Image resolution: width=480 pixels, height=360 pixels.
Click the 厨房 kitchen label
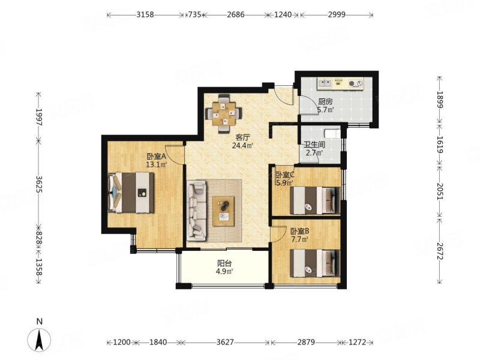(325, 101)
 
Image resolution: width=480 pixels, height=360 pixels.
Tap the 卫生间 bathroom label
(314, 145)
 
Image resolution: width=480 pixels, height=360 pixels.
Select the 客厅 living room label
(242, 137)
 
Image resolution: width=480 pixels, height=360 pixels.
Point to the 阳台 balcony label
(224, 263)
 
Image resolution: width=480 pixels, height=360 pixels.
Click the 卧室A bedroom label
(157, 157)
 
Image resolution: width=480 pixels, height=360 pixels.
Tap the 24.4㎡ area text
(242, 146)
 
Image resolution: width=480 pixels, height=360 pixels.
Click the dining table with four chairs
(224, 114)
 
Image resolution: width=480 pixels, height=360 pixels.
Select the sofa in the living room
(197, 210)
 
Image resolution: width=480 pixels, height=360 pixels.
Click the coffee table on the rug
(223, 211)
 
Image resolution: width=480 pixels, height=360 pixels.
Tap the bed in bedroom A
(131, 192)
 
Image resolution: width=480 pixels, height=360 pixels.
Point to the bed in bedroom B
(315, 263)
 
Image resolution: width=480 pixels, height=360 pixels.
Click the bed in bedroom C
(315, 200)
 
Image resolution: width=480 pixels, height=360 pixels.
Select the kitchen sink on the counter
(325, 83)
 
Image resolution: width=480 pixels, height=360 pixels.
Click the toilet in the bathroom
(332, 133)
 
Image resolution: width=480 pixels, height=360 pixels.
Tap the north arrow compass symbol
(39, 340)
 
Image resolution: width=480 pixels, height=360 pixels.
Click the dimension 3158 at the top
(145, 14)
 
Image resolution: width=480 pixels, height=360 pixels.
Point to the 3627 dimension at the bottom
(225, 342)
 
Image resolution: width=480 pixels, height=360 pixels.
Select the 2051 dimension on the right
(440, 191)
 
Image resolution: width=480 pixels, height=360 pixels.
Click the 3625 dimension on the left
(39, 184)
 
